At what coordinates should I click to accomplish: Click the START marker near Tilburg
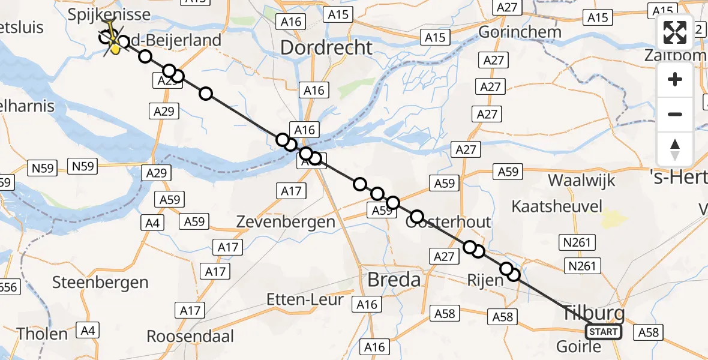(x=604, y=332)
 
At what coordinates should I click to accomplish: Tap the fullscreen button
(x=675, y=32)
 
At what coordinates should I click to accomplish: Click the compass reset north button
(x=675, y=149)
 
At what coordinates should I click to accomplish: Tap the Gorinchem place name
(x=520, y=32)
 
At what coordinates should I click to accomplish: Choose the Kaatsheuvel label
(x=557, y=207)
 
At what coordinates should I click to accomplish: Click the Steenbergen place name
(x=100, y=282)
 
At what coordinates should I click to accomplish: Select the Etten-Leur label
(x=305, y=299)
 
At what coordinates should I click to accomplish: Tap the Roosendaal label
(x=190, y=336)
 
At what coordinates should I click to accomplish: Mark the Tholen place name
(x=41, y=334)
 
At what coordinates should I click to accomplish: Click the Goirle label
(x=578, y=346)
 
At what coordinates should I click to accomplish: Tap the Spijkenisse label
(x=101, y=14)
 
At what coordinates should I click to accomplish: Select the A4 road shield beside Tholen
(x=87, y=330)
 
